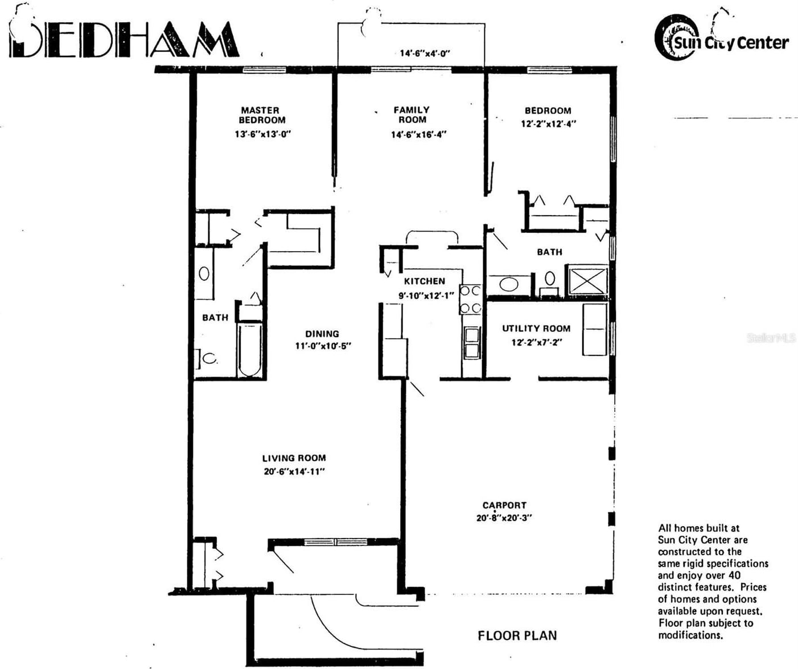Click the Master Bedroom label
262,115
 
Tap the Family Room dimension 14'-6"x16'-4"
418,135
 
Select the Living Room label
294,458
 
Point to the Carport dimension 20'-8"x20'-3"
504,518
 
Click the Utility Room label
536,329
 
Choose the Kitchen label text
425,281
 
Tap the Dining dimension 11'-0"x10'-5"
323,346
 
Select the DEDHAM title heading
124,40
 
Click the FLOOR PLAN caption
517,635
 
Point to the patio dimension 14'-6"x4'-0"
425,54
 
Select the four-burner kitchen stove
471,299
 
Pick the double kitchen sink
472,343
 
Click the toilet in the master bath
208,359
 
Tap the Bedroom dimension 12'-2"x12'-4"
548,124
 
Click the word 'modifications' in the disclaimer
690,635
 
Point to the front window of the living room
335,541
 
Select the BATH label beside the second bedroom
549,252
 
